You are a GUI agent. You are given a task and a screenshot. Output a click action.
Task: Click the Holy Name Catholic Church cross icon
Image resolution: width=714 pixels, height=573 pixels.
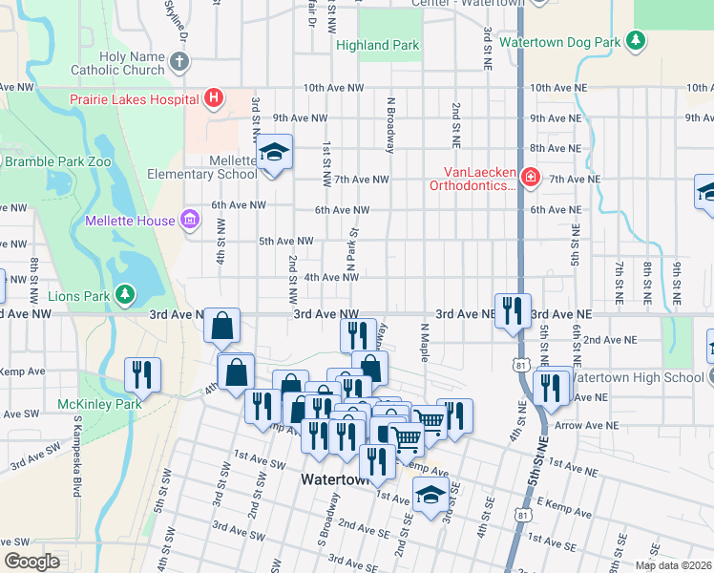tap(179, 63)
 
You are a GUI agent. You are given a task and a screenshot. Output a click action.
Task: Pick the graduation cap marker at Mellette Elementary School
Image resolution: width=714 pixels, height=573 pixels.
tap(274, 154)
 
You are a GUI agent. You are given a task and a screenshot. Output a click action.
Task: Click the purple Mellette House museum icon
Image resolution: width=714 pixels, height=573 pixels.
tap(189, 221)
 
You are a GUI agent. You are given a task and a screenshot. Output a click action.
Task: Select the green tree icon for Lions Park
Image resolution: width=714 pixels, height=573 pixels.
tap(123, 295)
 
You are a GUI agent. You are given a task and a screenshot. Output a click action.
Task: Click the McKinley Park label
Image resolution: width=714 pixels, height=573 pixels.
tap(98, 404)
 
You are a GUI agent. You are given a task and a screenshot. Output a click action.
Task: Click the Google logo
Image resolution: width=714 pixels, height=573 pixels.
tap(31, 562)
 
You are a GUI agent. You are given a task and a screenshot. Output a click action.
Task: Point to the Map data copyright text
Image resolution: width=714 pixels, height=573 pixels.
tap(673, 565)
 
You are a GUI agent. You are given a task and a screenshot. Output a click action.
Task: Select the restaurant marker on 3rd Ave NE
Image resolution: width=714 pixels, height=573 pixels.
tap(513, 310)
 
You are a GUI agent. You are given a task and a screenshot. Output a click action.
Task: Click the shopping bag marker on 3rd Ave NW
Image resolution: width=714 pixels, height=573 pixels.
tap(222, 327)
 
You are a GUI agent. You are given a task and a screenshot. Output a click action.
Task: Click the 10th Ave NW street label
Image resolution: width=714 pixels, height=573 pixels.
tap(333, 88)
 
